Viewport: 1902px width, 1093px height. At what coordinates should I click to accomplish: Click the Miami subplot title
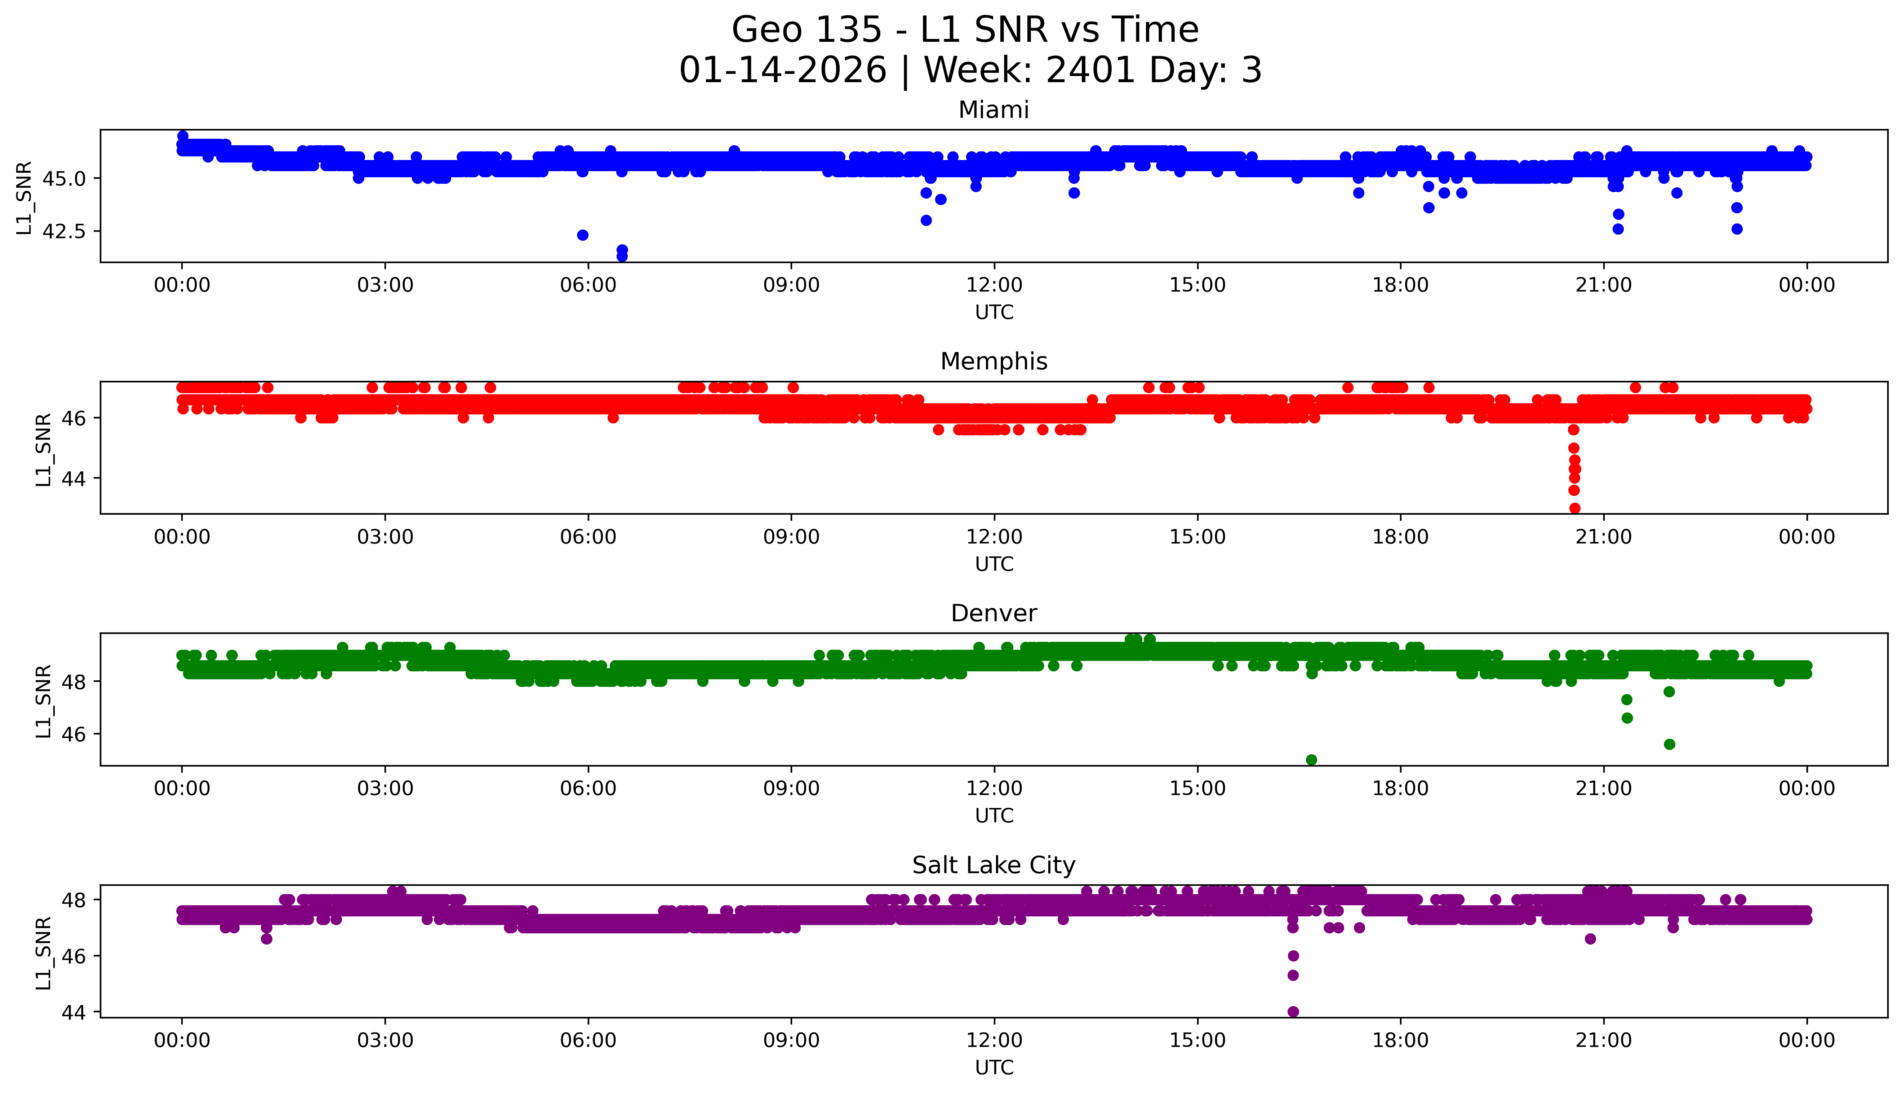[x=993, y=110]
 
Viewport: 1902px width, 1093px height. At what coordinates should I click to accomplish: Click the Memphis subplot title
[x=993, y=362]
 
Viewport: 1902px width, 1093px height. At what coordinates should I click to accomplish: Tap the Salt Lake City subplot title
[x=993, y=866]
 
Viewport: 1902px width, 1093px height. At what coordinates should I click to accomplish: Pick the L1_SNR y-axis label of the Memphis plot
[x=44, y=449]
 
